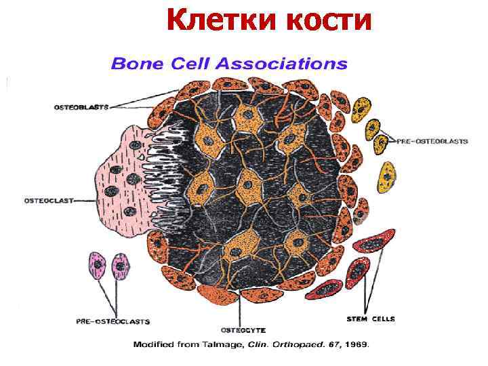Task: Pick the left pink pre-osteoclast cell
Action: (x=98, y=267)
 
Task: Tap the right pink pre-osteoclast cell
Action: (x=121, y=267)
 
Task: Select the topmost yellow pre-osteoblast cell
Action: (x=364, y=108)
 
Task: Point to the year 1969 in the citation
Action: (x=355, y=345)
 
